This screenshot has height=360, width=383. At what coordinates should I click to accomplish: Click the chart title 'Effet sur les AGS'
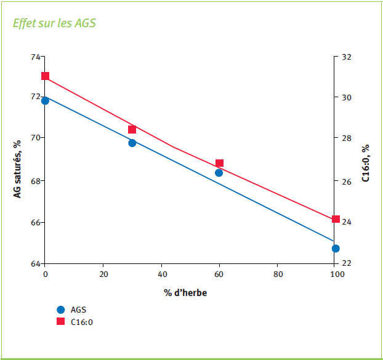[x=54, y=23]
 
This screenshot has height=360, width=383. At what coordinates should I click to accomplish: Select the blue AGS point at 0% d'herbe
[x=45, y=100]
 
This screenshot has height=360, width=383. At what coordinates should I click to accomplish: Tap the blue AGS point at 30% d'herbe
[x=132, y=143]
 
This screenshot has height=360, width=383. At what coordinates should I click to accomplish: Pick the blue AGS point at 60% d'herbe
[x=219, y=173]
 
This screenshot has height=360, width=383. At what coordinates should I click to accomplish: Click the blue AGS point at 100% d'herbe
[x=336, y=249]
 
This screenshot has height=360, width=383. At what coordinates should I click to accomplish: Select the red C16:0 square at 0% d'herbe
[x=45, y=76]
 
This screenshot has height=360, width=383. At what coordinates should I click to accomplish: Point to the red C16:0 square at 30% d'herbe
[x=132, y=129]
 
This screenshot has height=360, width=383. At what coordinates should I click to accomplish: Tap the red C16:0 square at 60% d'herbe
[x=220, y=163]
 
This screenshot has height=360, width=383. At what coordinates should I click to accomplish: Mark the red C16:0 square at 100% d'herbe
[x=336, y=219]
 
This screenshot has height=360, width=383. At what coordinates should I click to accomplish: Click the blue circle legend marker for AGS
[x=60, y=310]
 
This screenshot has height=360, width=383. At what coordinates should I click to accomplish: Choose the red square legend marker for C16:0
[x=60, y=321]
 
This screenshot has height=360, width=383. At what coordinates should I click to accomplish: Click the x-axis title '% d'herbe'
[x=185, y=293]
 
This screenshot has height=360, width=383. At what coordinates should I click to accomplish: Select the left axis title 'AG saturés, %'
[x=17, y=169]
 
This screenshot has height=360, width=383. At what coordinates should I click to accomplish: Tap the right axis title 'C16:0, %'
[x=365, y=163]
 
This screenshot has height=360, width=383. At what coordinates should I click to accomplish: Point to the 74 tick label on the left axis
[x=36, y=57]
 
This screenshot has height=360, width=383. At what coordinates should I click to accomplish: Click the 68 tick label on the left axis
[x=36, y=182]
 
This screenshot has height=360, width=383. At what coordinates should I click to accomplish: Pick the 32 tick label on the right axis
[x=346, y=57]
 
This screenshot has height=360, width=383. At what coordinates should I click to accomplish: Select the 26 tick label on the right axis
[x=346, y=182]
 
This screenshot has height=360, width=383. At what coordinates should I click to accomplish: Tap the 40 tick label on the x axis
[x=162, y=274]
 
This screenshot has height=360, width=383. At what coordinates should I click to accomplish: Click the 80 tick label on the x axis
[x=278, y=274]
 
